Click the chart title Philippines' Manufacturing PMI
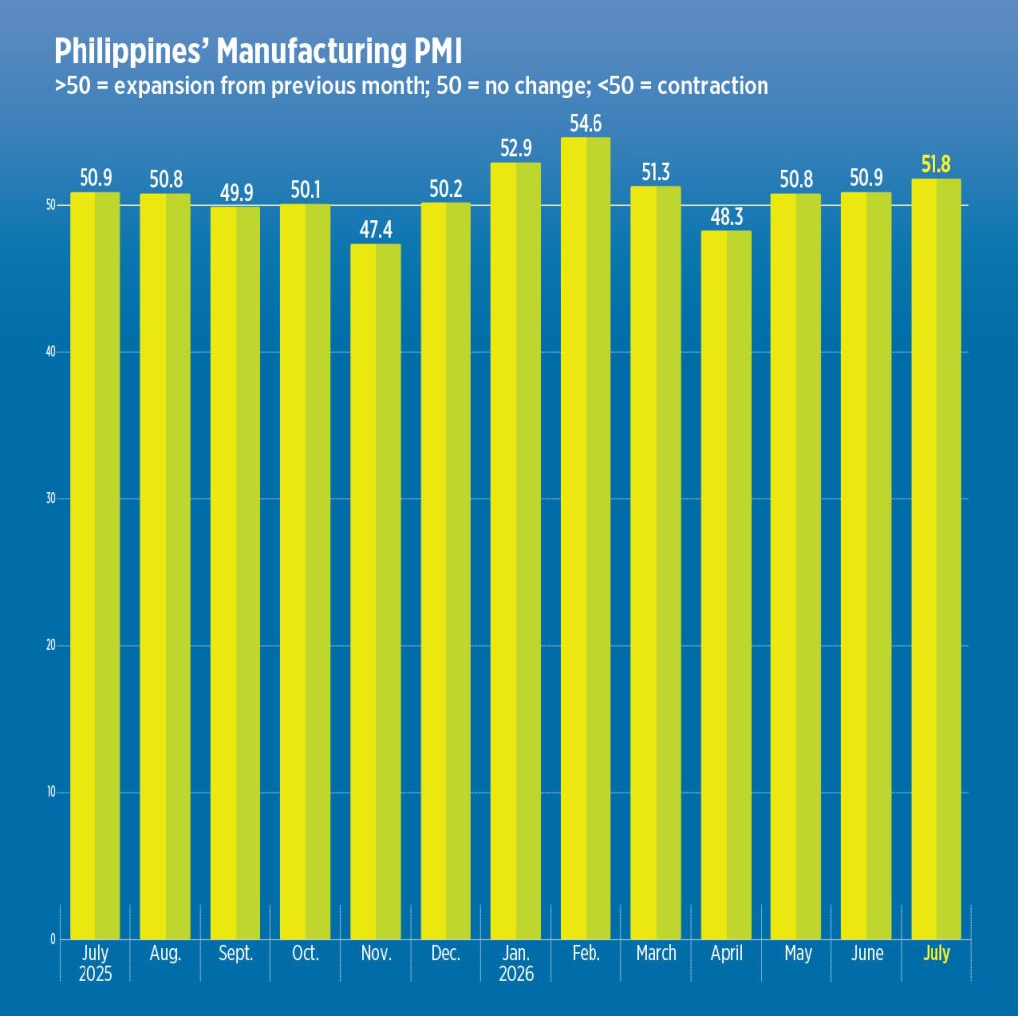257,51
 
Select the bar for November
375,592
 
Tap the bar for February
586,538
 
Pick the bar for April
726,585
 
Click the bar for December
445,571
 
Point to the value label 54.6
586,123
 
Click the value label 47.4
375,230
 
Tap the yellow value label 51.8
935,164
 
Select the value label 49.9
236,192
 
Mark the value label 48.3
726,216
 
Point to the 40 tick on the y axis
50,352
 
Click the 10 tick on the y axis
50,792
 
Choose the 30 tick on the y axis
50,499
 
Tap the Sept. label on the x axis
235,953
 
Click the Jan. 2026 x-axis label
516,963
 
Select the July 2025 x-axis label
95,963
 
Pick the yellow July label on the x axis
936,954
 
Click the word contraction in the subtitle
713,85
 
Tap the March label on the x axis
656,953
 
